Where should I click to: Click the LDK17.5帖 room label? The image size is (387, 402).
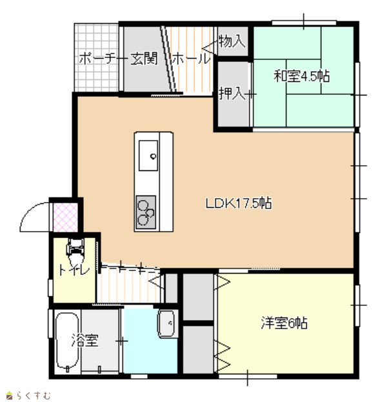pos(239,203)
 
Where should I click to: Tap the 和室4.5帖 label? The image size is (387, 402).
pos(302,76)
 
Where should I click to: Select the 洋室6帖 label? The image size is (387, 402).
pos(284,323)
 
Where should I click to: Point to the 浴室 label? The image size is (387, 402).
pos(85,340)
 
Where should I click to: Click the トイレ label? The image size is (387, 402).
pos(74,270)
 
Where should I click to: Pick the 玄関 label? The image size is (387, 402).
pos(144,59)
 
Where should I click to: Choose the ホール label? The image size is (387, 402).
pos(191,59)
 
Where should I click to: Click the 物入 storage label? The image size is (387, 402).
pos(232,41)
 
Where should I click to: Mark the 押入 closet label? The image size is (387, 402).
pos(232,94)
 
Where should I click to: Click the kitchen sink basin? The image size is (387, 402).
pos(148,156)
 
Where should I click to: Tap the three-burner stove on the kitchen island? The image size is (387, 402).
pos(146,212)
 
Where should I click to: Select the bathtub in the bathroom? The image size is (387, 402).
pos(68,341)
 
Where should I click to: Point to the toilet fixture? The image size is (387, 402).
pos(75,250)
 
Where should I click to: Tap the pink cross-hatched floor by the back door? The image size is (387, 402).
pos(65,217)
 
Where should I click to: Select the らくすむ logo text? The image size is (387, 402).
pos(34,396)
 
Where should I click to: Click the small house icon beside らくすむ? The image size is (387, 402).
pos(10,395)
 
